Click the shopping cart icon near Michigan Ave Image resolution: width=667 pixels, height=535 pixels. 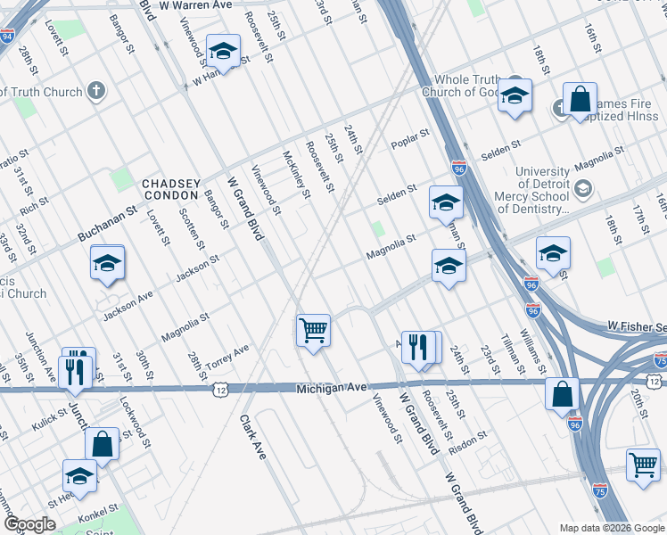click(x=313, y=331)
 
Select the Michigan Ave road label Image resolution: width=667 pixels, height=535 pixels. click(x=332, y=388)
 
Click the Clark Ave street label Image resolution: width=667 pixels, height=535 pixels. click(x=252, y=437)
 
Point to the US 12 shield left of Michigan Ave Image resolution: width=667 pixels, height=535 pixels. click(x=219, y=389)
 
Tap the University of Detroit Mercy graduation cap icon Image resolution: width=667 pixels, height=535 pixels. click(x=583, y=188)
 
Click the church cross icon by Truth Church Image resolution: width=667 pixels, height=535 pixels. click(x=96, y=91)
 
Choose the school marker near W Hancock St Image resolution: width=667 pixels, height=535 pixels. click(x=222, y=52)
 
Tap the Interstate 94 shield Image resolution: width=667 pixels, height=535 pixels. click(x=7, y=37)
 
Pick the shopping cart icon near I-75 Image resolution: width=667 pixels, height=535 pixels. click(x=642, y=465)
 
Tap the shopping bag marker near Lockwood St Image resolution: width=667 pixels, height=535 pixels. click(x=102, y=445)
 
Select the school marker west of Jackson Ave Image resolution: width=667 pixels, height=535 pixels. click(x=107, y=263)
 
